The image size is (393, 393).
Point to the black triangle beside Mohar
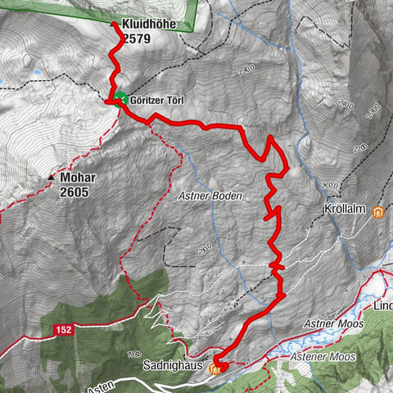pos(52,176)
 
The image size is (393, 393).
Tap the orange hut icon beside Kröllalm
pos(377,214)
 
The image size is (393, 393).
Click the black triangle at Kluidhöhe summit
pos(113,23)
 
